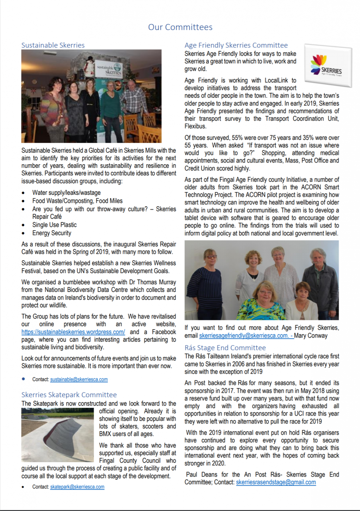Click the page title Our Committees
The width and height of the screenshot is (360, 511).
[180, 27]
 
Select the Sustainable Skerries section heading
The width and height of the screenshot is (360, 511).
[53, 45]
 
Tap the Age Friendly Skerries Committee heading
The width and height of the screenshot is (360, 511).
[236, 45]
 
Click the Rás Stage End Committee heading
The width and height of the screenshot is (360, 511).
[225, 348]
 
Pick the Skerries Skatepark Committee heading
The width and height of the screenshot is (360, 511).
[69, 395]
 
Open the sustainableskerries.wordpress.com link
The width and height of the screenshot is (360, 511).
[73, 332]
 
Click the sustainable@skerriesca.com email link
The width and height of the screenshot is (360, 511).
[79, 379]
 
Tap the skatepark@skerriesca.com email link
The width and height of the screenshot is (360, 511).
[77, 487]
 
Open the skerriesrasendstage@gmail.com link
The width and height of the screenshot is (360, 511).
[276, 482]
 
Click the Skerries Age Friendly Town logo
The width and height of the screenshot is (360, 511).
[328, 65]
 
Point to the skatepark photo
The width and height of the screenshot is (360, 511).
[57, 435]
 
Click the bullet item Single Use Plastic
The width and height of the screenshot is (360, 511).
[54, 225]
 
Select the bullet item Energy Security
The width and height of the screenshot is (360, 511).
[52, 233]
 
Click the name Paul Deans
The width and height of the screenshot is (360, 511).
[202, 475]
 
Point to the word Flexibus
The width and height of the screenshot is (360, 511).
[195, 126]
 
